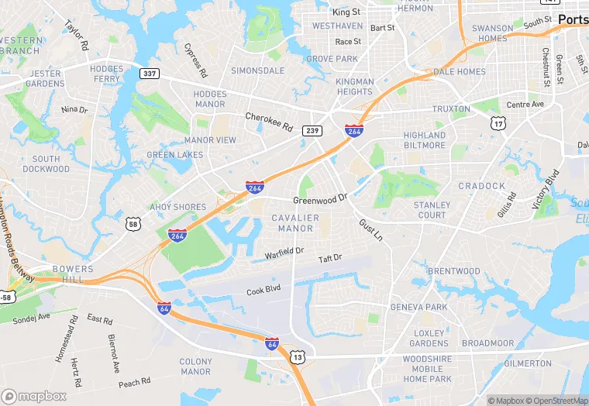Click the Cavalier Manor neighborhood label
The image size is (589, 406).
(295, 223)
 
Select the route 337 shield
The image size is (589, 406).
(150, 73)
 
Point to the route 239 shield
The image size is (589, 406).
(312, 131)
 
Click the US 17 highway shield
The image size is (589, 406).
(498, 124)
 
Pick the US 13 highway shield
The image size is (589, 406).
(296, 357)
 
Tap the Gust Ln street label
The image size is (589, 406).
(370, 229)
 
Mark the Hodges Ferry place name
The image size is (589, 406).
(107, 74)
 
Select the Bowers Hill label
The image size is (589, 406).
(73, 274)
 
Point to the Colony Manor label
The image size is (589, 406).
(195, 366)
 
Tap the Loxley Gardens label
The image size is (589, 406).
(429, 338)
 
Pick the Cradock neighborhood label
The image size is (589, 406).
(481, 186)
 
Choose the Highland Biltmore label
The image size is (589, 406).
(425, 140)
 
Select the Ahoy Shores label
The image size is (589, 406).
(178, 207)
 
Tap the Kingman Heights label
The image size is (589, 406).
(354, 86)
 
